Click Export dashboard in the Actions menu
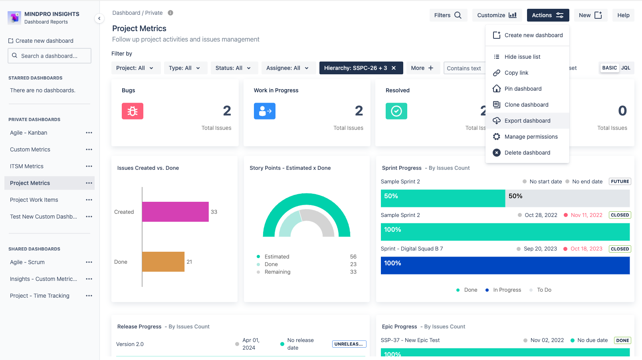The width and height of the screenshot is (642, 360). [527, 121]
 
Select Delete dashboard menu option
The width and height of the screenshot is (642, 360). [527, 153]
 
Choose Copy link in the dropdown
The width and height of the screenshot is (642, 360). [516, 73]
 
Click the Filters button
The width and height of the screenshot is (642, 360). [448, 15]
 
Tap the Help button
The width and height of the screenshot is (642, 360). [623, 15]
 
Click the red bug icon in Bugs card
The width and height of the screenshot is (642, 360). [133, 111]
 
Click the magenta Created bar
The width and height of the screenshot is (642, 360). [175, 212]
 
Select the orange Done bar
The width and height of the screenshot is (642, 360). [163, 262]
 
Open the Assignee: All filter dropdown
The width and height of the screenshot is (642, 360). [288, 68]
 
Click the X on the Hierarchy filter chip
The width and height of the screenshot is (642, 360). [394, 68]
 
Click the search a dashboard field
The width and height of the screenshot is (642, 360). [50, 56]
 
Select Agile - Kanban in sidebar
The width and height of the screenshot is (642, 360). [29, 133]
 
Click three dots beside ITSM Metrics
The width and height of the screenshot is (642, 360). [89, 166]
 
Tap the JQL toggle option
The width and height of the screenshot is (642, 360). [626, 68]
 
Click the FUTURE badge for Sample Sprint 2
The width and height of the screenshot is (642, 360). [620, 181]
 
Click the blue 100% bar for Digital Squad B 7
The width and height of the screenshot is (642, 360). [505, 265]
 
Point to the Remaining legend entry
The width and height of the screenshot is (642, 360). [277, 272]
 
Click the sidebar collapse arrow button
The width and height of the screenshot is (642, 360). [99, 18]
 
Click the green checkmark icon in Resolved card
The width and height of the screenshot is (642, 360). [396, 111]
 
